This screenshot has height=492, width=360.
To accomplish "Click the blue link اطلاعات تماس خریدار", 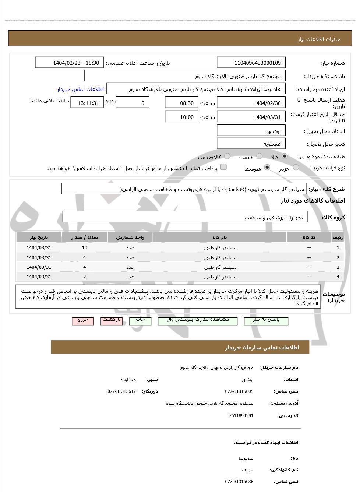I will click(80, 89).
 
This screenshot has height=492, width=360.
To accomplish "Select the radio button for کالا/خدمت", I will click(227, 156).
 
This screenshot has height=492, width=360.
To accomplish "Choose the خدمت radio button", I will click(260, 156).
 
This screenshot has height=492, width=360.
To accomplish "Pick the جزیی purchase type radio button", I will click(296, 168).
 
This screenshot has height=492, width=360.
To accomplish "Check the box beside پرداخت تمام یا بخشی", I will click(223, 167).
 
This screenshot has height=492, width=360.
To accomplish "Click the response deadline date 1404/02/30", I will click(251, 103).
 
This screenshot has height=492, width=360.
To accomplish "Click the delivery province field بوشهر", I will click(251, 131).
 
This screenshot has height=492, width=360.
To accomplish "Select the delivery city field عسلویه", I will click(251, 144).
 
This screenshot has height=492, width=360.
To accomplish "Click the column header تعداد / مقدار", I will click(85, 238).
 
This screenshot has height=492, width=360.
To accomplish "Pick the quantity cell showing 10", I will click(85, 248).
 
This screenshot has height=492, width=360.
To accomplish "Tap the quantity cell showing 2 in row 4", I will click(85, 277).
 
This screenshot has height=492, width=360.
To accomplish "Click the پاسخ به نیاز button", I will click(266, 320).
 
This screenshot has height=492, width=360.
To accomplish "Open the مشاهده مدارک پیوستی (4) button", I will click(198, 320).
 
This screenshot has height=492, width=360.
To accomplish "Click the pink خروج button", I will click(83, 320).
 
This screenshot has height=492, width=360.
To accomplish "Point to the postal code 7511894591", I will click(241, 416).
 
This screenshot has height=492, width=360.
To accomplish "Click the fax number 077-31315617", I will click(122, 391).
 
